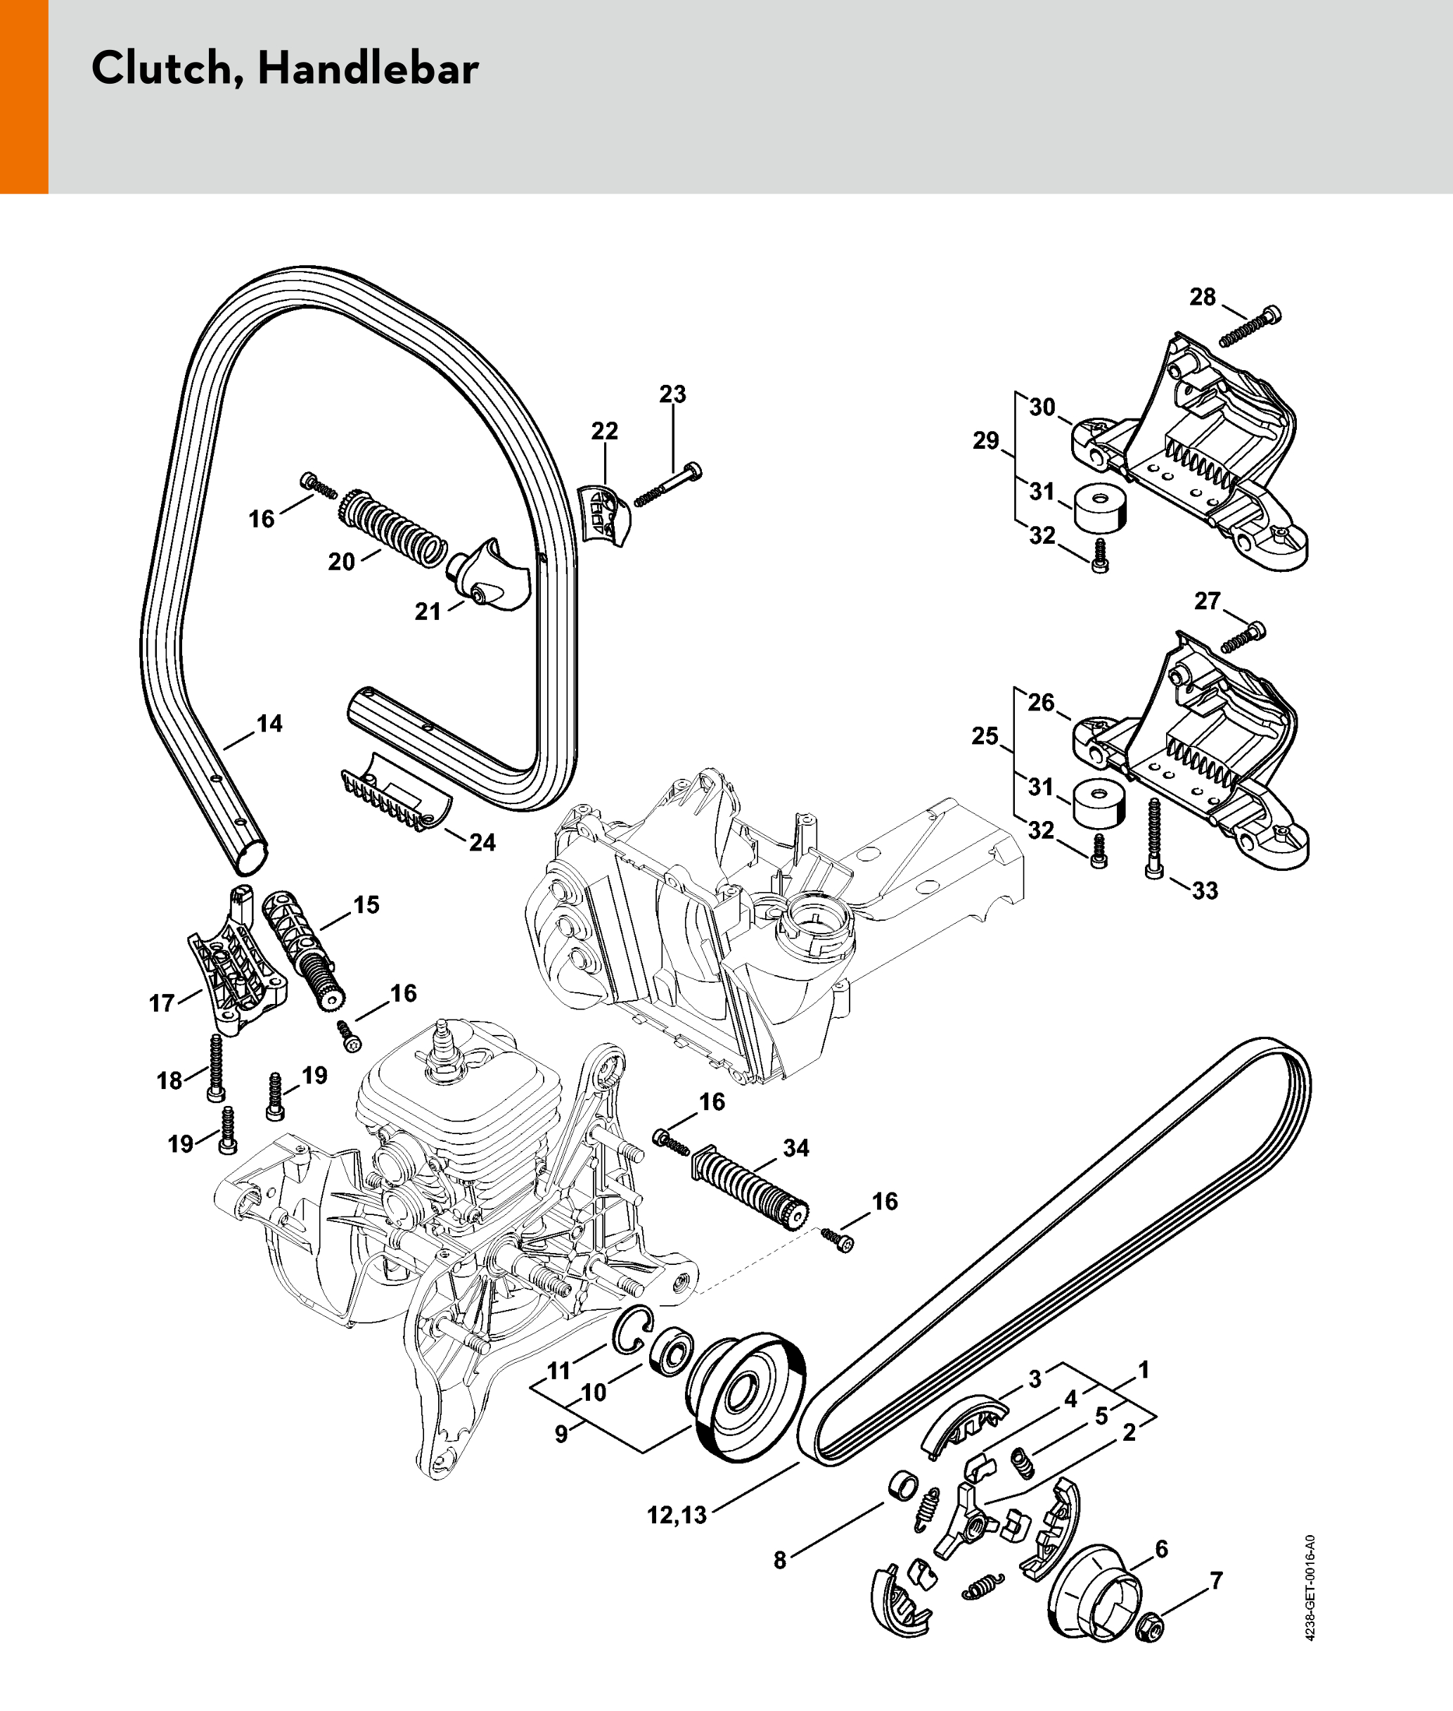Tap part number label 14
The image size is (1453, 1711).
pos(269,723)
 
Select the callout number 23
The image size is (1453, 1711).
pos(672,394)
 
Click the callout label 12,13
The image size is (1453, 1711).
pos(677,1515)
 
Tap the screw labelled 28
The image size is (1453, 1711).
pos(1250,327)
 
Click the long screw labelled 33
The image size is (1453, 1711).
pos(1153,836)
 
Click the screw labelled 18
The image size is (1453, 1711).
pos(217,1069)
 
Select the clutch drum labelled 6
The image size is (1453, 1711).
pos(1093,1594)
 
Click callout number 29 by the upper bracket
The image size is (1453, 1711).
pos(985,440)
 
